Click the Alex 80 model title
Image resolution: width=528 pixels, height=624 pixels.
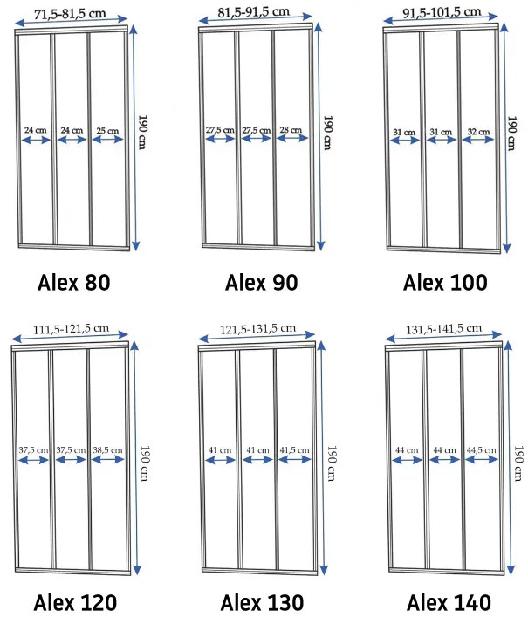pyautogui.click(x=73, y=283)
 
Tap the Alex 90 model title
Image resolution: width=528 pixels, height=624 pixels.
pyautogui.click(x=262, y=283)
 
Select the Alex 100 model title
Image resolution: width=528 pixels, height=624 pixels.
pyautogui.click(x=445, y=283)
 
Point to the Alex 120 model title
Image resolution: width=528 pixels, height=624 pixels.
pyautogui.click(x=75, y=602)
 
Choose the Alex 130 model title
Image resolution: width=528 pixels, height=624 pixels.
pyautogui.click(x=262, y=602)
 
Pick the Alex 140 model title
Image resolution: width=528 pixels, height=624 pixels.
pyautogui.click(x=449, y=602)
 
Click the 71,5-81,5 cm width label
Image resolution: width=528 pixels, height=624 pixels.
pyautogui.click(x=70, y=14)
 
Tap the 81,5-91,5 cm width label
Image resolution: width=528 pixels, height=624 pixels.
pyautogui.click(x=253, y=12)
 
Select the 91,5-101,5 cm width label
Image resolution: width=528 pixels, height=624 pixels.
pyautogui.click(x=442, y=12)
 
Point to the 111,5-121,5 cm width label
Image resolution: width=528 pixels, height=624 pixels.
pyautogui.click(x=71, y=329)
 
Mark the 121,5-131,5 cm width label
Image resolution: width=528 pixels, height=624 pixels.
pyautogui.click(x=257, y=329)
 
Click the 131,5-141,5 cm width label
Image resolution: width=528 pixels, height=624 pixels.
pyautogui.click(x=443, y=329)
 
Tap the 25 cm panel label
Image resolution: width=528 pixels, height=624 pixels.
pyautogui.click(x=107, y=131)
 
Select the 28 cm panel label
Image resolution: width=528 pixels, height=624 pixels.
pyautogui.click(x=291, y=130)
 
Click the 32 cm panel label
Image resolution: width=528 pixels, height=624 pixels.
pyautogui.click(x=478, y=131)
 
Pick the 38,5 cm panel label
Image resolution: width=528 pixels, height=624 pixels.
pyautogui.click(x=107, y=450)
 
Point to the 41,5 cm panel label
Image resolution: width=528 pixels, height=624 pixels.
pyautogui.click(x=294, y=450)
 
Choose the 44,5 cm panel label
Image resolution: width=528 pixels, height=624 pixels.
pyautogui.click(x=482, y=450)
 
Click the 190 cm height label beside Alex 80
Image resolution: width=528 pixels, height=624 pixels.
pyautogui.click(x=142, y=132)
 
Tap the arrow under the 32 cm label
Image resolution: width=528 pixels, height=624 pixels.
pyautogui.click(x=478, y=140)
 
